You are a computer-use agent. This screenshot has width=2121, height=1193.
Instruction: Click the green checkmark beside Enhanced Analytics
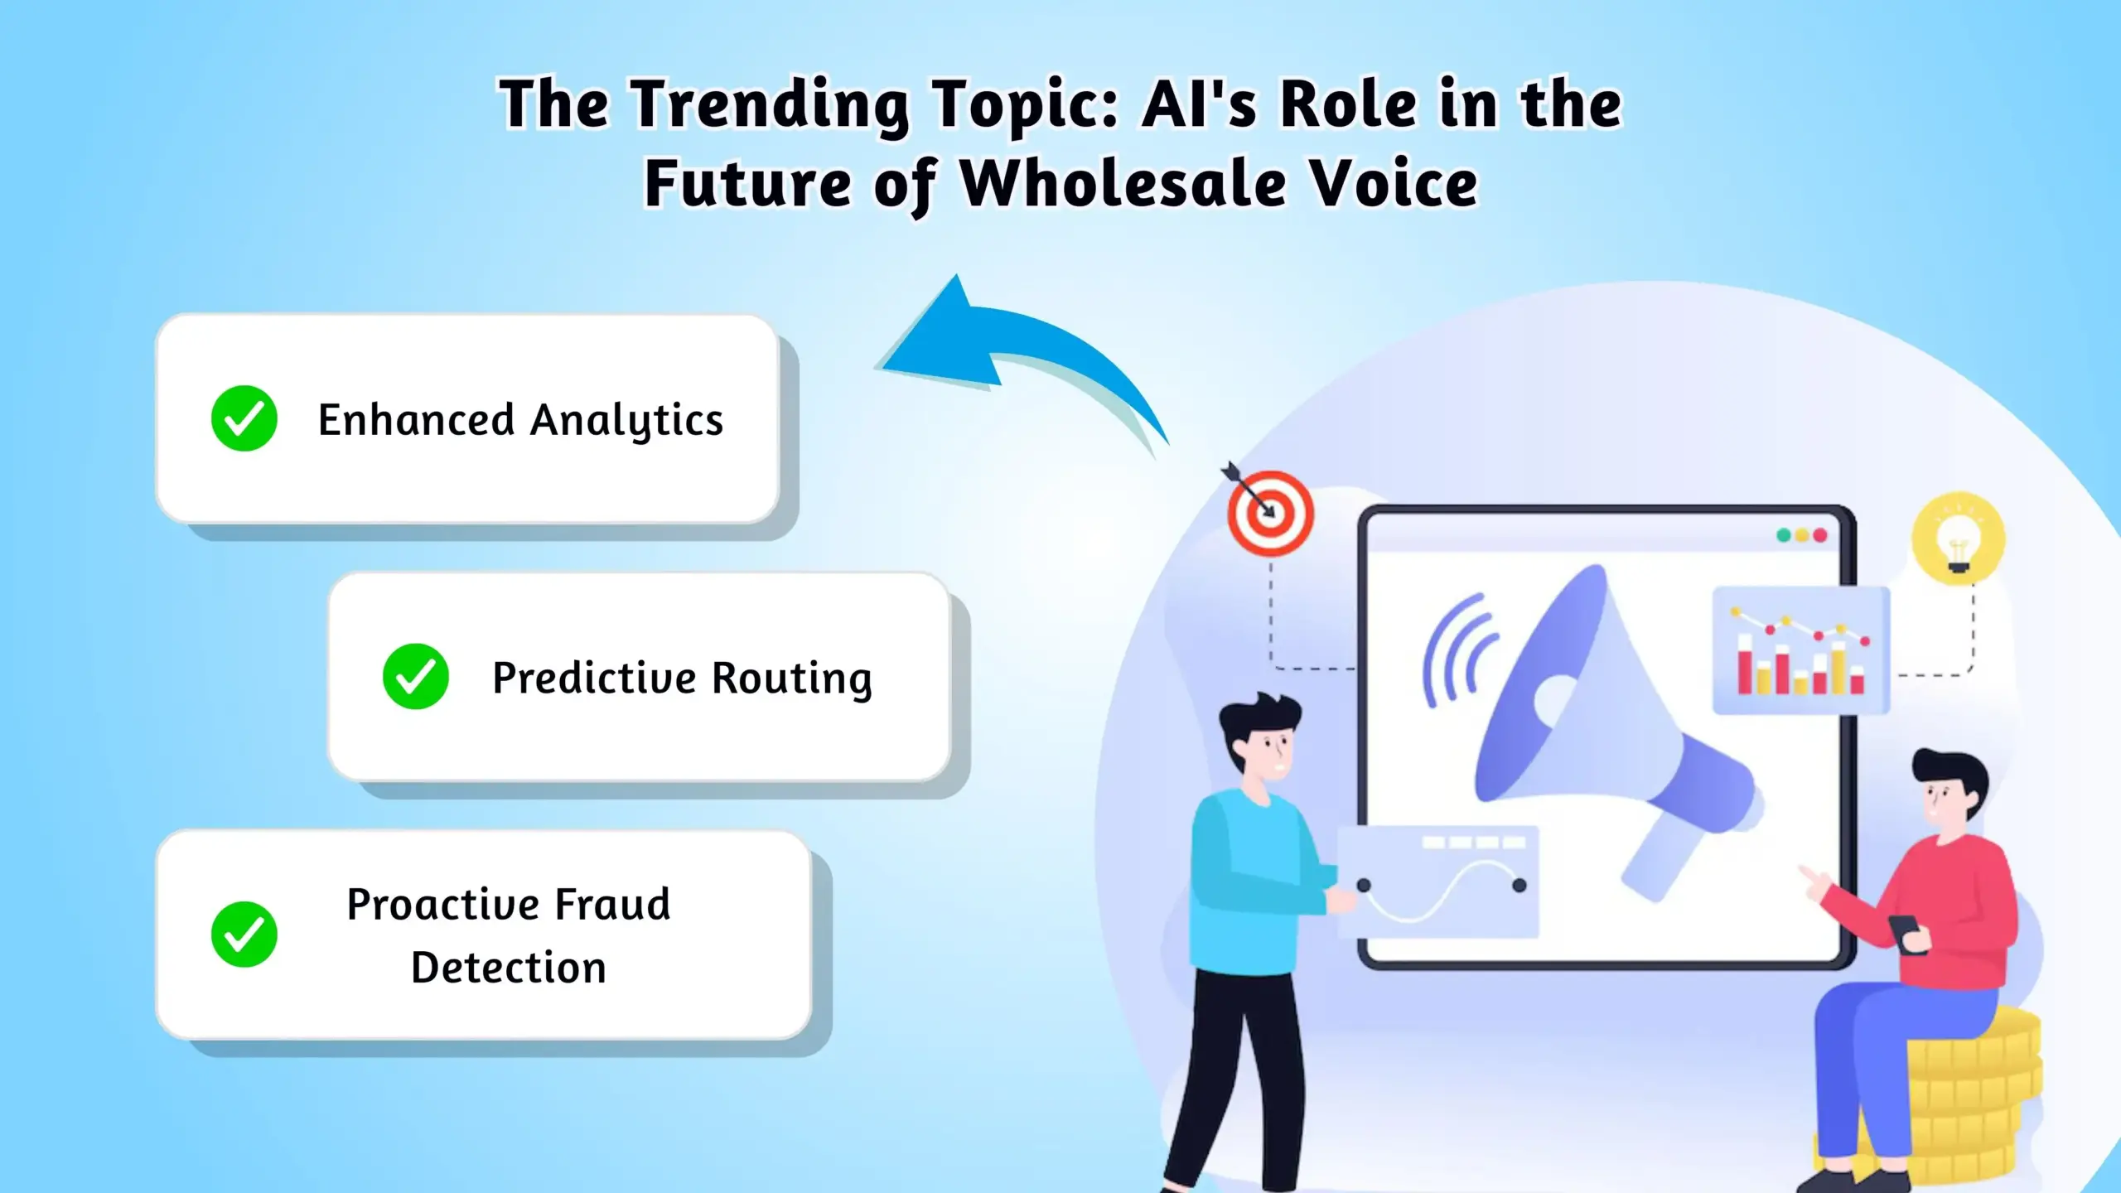pos(244,418)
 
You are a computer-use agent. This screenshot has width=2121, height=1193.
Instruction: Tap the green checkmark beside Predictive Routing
pos(415,676)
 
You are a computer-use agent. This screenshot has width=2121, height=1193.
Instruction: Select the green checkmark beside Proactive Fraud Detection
pos(244,935)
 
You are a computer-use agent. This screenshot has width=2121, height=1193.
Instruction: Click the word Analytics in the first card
pos(626,421)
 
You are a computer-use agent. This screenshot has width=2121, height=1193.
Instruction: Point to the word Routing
pos(791,679)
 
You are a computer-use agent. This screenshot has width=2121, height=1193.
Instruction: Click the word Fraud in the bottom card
pos(612,904)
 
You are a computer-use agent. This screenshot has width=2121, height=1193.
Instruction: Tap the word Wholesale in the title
pos(1123,184)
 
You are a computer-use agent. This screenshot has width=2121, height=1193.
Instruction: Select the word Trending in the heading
pos(770,106)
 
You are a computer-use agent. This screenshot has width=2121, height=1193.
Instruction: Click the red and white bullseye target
pos(1270,513)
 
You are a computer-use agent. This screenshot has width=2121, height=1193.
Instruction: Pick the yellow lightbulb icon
pos(1959,539)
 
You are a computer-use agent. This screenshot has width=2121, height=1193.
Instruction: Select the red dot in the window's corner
pos(1820,535)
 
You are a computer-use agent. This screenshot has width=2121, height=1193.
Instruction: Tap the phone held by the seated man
pos(1906,932)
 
